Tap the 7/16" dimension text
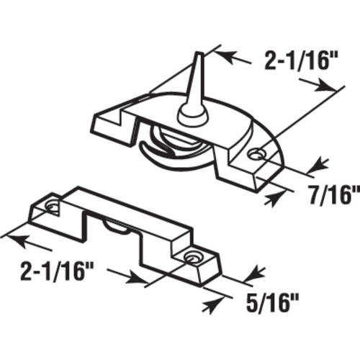[x=334, y=195]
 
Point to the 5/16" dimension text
[x=272, y=303]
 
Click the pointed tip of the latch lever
[x=199, y=53]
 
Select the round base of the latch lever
[x=192, y=114]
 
